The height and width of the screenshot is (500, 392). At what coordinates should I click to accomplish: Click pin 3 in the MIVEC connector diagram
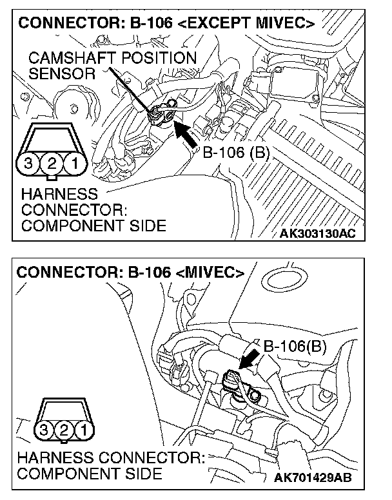point(44,428)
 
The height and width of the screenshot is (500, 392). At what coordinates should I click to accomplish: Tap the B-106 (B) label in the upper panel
point(235,153)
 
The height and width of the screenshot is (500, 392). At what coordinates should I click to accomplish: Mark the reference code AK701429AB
point(314,478)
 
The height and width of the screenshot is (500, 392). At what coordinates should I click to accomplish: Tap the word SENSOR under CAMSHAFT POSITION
point(61,73)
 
